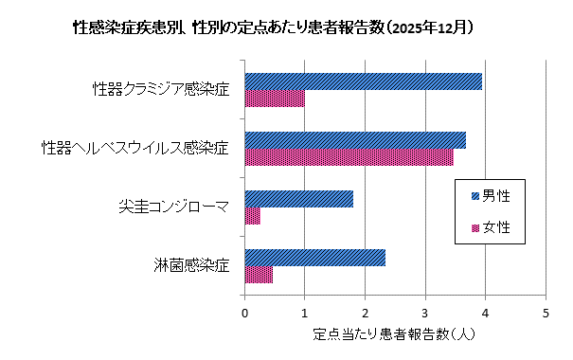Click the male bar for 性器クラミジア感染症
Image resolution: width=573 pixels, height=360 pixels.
tap(364, 81)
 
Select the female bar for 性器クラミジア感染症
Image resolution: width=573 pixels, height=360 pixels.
tap(275, 99)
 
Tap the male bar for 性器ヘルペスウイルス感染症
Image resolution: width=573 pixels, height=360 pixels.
tap(355, 140)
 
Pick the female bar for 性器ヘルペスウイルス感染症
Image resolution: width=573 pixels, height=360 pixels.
tap(349, 157)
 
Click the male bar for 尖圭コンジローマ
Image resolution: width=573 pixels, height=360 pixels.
tap(299, 199)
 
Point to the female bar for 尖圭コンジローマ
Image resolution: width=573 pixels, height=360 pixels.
tap(253, 216)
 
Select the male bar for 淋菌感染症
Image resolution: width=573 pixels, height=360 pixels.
tap(315, 258)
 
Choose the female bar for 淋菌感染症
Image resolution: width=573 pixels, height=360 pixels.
tap(259, 275)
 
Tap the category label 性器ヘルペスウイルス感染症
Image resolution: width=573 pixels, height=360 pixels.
tap(135, 149)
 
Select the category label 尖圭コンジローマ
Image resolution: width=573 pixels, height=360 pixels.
tap(174, 207)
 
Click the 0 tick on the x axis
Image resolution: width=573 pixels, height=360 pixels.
tap(245, 312)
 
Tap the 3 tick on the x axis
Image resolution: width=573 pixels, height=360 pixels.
tap(425, 312)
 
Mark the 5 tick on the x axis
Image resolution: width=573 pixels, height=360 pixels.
tap(546, 312)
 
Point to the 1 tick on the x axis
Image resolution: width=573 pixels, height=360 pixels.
tap(305, 312)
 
